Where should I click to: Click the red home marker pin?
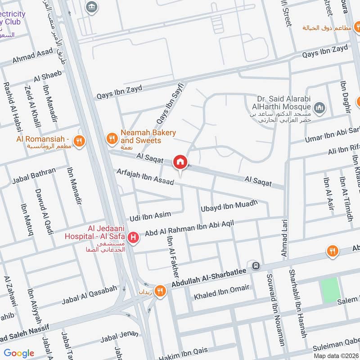pyautogui.click(x=180, y=162)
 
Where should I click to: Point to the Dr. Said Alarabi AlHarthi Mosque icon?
pyautogui.click(x=319, y=108)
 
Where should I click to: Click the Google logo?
pyautogui.click(x=19, y=353)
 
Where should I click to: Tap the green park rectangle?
pyautogui.click(x=330, y=290)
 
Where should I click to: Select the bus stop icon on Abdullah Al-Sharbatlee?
pyautogui.click(x=256, y=265)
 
